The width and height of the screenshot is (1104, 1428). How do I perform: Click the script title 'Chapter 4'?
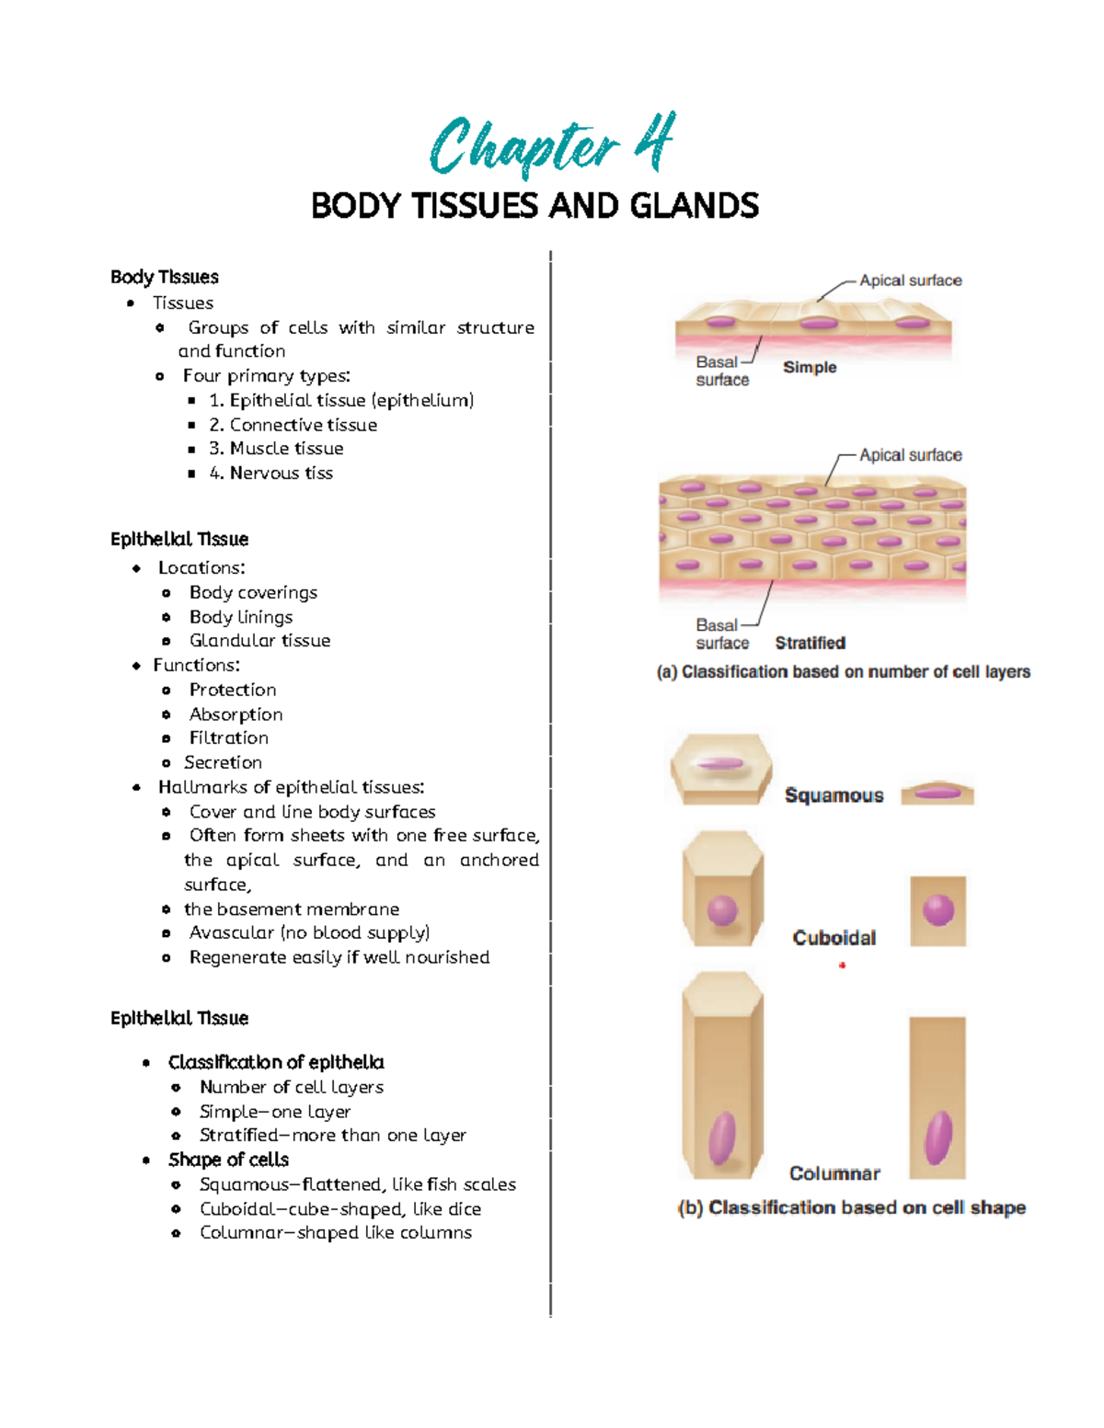point(552,145)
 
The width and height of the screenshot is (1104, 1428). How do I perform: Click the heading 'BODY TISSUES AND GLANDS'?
point(535,205)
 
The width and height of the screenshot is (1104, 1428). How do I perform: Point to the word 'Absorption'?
point(236,714)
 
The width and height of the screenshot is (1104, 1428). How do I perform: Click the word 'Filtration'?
point(229,738)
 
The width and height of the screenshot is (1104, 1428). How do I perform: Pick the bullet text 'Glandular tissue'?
point(259,641)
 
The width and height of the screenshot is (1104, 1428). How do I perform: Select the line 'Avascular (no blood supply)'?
point(309,933)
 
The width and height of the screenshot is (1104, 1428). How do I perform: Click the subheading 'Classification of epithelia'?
point(276,1063)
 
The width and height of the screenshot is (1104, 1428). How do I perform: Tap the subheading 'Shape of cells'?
point(228,1160)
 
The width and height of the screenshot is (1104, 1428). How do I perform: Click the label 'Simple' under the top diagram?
point(810,367)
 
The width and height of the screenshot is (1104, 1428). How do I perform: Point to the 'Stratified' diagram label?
point(810,643)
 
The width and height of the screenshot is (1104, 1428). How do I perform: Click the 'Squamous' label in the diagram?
point(834,795)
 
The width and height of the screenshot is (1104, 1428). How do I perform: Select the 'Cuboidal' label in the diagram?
point(834,938)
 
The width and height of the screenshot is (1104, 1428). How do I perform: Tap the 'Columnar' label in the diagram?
point(834,1174)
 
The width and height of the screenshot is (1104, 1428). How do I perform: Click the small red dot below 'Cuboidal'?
point(842,965)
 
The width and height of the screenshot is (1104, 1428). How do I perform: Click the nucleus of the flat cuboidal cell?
point(938,910)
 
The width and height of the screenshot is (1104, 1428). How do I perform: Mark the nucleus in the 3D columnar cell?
point(722,1137)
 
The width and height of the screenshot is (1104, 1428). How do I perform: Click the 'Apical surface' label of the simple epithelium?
point(910,280)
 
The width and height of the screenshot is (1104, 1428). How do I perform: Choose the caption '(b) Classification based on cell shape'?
point(851,1208)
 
